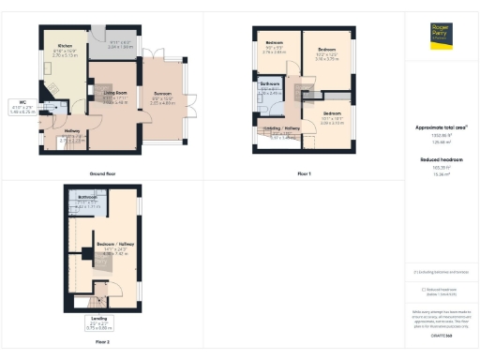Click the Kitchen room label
(x=65, y=46)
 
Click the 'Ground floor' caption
(x=103, y=174)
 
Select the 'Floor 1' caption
(x=304, y=174)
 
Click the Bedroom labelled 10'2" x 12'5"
(x=326, y=49)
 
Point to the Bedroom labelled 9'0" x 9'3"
(x=274, y=44)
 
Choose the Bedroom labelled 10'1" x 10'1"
(x=334, y=114)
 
